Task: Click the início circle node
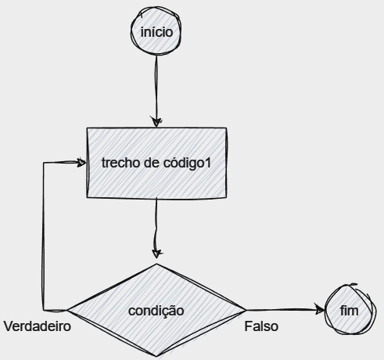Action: (x=156, y=31)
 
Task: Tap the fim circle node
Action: (x=350, y=309)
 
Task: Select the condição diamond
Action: (x=156, y=310)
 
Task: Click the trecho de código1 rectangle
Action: (x=156, y=163)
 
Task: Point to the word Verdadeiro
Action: (x=38, y=326)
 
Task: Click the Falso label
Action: (x=261, y=326)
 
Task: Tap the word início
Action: (x=156, y=32)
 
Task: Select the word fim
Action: (x=350, y=311)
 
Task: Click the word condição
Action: (x=156, y=311)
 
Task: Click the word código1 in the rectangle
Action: (x=187, y=164)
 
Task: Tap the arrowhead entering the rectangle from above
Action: (x=156, y=121)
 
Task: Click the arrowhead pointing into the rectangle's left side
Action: (x=81, y=163)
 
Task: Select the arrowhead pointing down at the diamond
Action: (x=156, y=254)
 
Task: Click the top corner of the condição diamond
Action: (x=156, y=264)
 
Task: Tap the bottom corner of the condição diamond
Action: (x=157, y=356)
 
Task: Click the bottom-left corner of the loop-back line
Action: (x=43, y=310)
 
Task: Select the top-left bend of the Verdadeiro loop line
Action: (x=44, y=163)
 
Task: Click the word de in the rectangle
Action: (x=152, y=163)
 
